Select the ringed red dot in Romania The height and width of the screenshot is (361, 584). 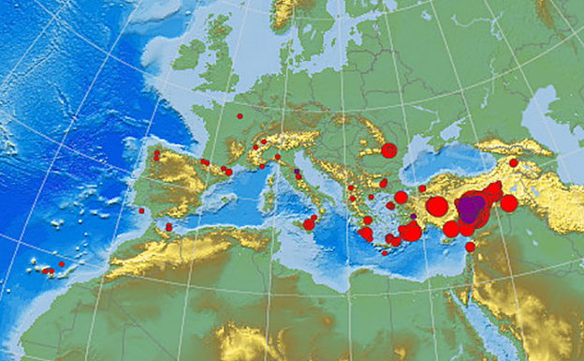389,150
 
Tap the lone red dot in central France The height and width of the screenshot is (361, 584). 240,116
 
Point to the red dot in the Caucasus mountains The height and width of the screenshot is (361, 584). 513,162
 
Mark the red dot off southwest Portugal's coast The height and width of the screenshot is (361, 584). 141,211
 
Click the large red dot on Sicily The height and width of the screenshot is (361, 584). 309,223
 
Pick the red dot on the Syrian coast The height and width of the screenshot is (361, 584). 470,247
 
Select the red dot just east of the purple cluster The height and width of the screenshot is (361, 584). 508,203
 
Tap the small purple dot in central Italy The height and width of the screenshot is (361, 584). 297,175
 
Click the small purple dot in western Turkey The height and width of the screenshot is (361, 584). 413,217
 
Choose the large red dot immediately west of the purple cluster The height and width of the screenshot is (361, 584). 437,206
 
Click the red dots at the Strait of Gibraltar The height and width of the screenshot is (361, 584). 168,226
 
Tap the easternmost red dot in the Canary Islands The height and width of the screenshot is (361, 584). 62,264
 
